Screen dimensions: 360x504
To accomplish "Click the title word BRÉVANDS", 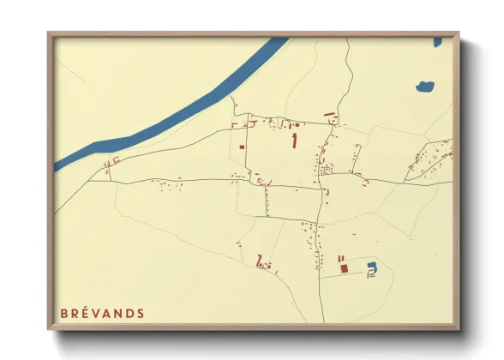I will coord(103,313).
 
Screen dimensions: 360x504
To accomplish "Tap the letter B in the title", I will coord(64,313).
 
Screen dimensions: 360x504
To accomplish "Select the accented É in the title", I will coord(87,313).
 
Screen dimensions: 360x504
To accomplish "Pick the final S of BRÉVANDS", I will coord(140,313).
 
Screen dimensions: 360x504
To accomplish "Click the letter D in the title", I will coord(129,313).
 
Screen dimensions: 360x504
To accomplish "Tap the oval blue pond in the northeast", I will coord(424,86).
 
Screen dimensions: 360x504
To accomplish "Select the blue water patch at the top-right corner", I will coord(438,40).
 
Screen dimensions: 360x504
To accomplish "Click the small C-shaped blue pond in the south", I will coord(371,269).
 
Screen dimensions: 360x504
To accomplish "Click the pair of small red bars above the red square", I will coord(342,258).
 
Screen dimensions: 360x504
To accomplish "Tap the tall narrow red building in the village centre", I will coord(296,141).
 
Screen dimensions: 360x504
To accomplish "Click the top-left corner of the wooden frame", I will coord(49,33).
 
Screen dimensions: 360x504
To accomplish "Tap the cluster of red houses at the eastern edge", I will coord(433,158).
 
